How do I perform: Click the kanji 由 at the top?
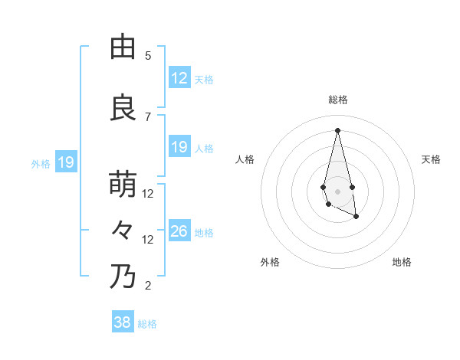pyautogui.click(x=123, y=47)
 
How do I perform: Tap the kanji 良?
pyautogui.click(x=123, y=108)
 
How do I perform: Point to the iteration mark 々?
pyautogui.click(x=123, y=228)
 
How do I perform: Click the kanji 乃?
pyautogui.click(x=123, y=276)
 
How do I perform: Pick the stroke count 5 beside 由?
pyautogui.click(x=148, y=56)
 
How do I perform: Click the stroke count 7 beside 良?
pyautogui.click(x=148, y=116)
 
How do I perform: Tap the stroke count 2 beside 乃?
pyautogui.click(x=148, y=286)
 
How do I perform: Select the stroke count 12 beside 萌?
pyautogui.click(x=148, y=193)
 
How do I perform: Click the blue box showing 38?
pyautogui.click(x=123, y=322)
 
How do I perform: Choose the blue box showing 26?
pyautogui.click(x=179, y=231)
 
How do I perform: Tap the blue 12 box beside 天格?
pyautogui.click(x=179, y=78)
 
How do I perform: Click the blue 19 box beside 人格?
pyautogui.click(x=179, y=147)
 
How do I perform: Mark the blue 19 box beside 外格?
pyautogui.click(x=65, y=162)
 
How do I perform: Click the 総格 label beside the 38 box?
pyautogui.click(x=147, y=324)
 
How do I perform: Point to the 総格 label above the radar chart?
pyautogui.click(x=338, y=100)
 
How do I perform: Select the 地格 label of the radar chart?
pyautogui.click(x=402, y=262)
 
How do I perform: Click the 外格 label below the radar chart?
pyautogui.click(x=270, y=262)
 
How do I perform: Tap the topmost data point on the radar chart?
pyautogui.click(x=337, y=130)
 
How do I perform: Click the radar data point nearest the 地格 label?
pyautogui.click(x=356, y=217)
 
